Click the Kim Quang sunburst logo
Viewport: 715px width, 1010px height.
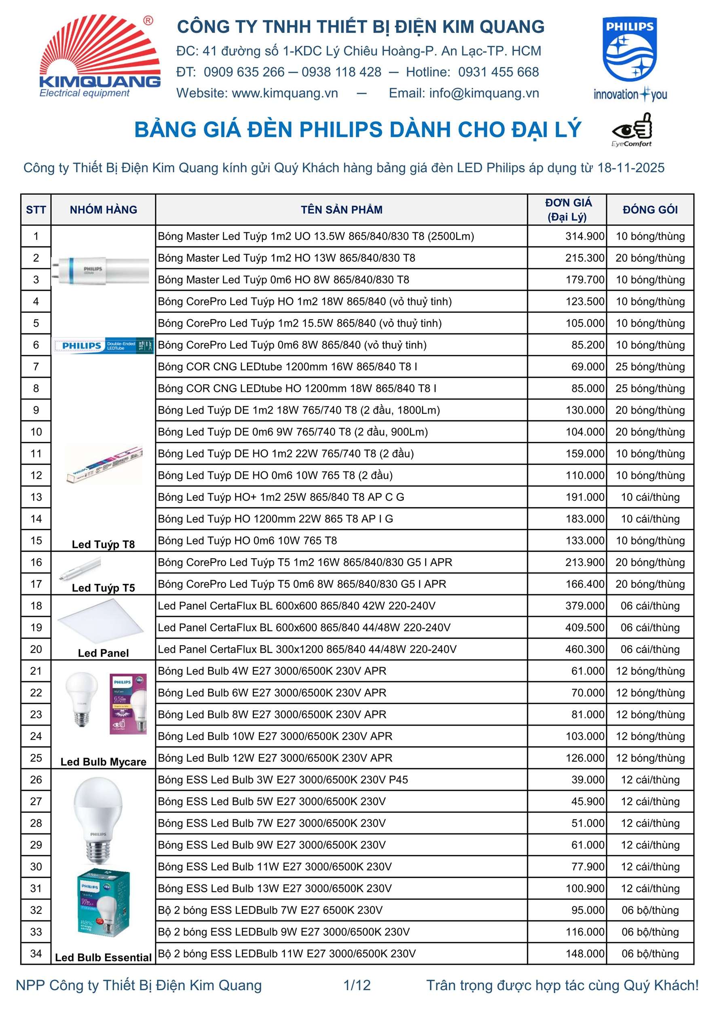pos(100,55)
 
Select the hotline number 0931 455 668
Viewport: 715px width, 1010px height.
pos(498,72)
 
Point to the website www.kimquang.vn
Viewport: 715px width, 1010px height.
pos(285,93)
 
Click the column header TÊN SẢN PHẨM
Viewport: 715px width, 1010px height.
pos(341,210)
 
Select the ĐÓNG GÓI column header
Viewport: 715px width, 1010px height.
pos(650,210)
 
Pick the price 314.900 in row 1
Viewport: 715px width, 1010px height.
pos(585,236)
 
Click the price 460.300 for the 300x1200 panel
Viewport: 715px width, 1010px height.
pos(585,649)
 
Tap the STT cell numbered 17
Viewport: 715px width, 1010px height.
pos(36,584)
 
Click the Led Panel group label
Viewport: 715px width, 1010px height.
pos(104,653)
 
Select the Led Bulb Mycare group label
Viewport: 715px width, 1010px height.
pos(104,762)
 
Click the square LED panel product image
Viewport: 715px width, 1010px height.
pos(100,621)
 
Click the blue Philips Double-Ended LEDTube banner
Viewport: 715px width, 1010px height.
pos(103,345)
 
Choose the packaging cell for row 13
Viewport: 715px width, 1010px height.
pos(650,497)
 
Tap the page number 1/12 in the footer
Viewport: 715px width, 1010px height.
pos(357,985)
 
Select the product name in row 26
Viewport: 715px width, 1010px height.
pos(283,780)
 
